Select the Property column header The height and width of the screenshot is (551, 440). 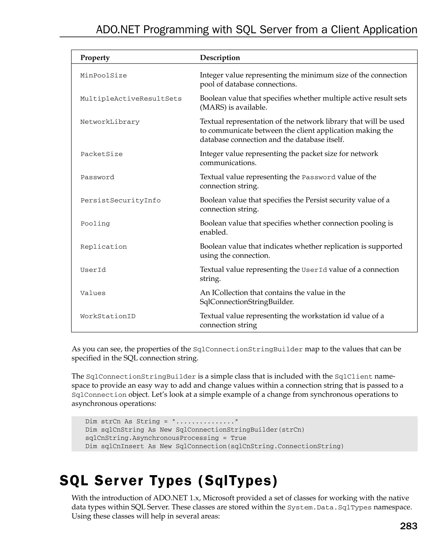95,58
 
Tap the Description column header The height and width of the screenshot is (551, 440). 220,58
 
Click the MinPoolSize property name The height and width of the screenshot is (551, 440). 103,76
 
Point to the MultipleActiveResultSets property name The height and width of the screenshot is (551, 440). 131,99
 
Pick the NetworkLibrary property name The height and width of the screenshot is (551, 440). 110,122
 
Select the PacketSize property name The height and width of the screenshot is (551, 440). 102,154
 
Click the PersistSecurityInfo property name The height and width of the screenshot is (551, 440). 121,201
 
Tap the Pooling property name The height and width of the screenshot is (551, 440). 95,224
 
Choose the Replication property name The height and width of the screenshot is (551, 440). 103,247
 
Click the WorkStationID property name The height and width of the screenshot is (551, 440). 108,316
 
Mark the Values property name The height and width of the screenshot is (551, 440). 93,293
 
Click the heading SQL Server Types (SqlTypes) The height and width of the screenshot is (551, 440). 168,481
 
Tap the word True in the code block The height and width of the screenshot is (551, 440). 238,438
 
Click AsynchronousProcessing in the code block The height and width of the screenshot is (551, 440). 175,438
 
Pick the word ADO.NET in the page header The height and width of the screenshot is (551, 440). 118,30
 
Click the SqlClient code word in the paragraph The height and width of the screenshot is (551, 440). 353,377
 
